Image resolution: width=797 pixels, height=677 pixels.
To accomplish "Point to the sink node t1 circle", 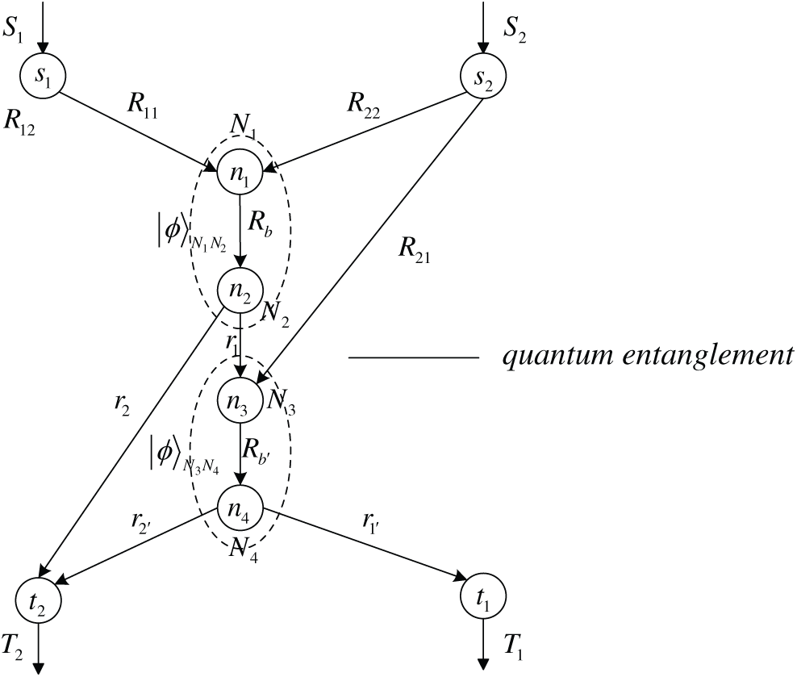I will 482,600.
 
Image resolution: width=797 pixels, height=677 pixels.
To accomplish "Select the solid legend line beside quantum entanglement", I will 413,357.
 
